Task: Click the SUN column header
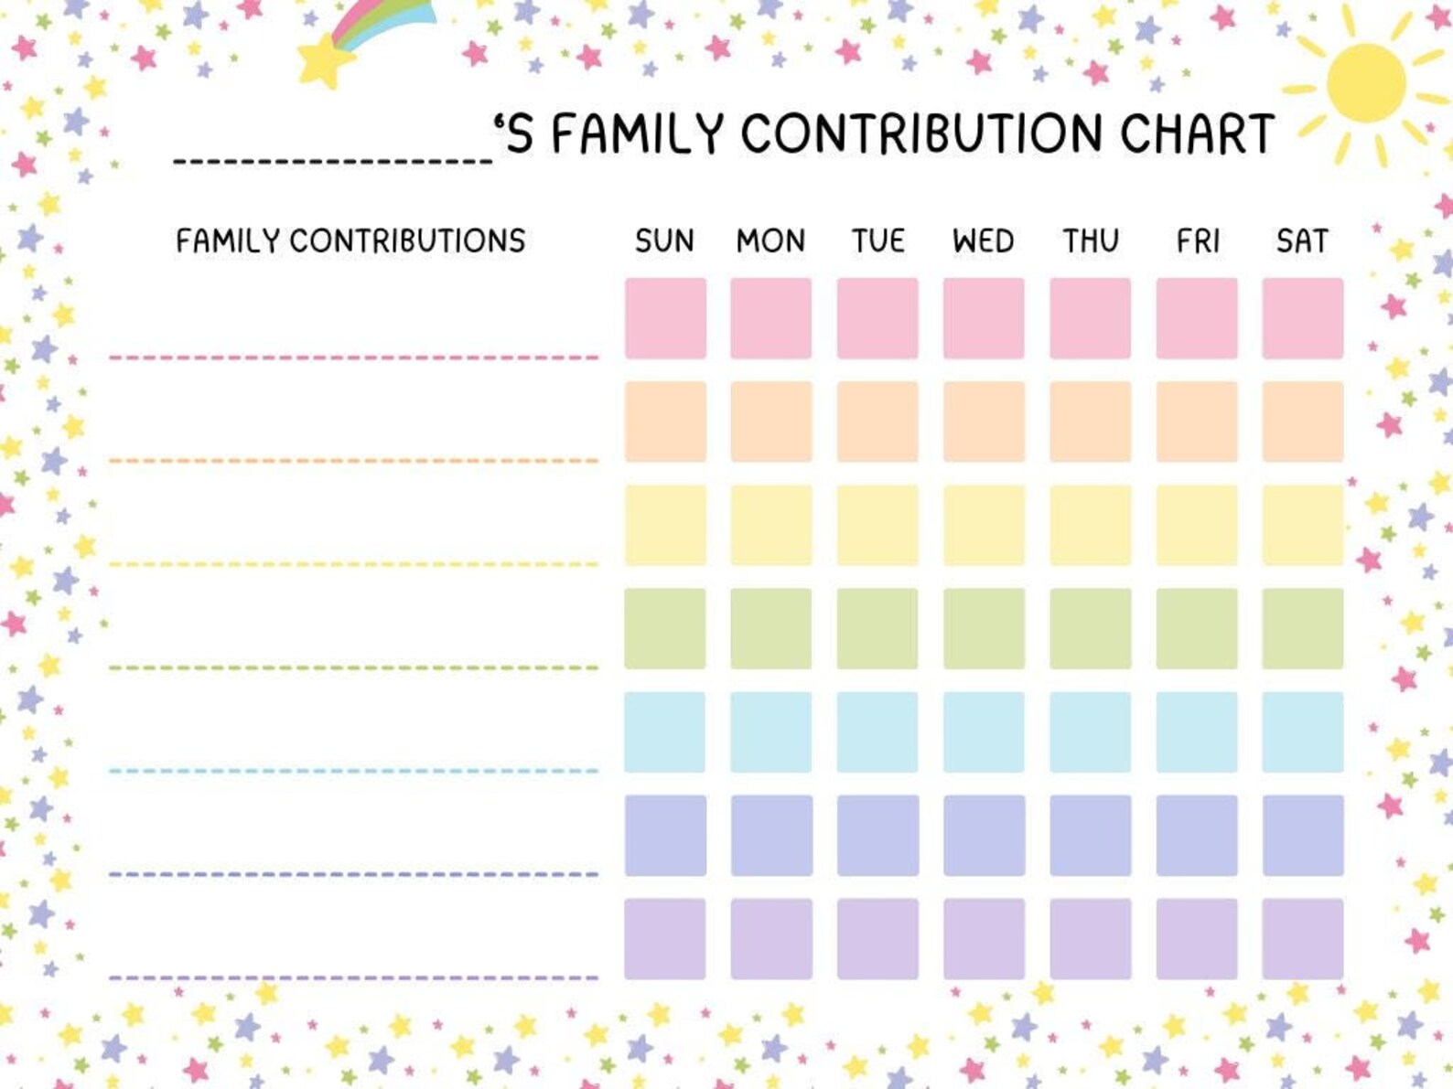click(664, 240)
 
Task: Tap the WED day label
click(983, 240)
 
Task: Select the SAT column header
click(1301, 240)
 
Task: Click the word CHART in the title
click(1197, 133)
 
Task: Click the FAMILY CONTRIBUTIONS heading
click(350, 240)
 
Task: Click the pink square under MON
click(770, 318)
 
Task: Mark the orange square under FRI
click(1196, 422)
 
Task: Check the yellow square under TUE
click(877, 525)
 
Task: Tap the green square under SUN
click(665, 628)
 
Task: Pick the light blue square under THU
click(1090, 731)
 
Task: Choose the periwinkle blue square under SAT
click(1302, 835)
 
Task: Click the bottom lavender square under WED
click(984, 938)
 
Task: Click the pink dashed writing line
click(353, 357)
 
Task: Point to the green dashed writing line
click(353, 667)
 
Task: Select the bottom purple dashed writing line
click(353, 977)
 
